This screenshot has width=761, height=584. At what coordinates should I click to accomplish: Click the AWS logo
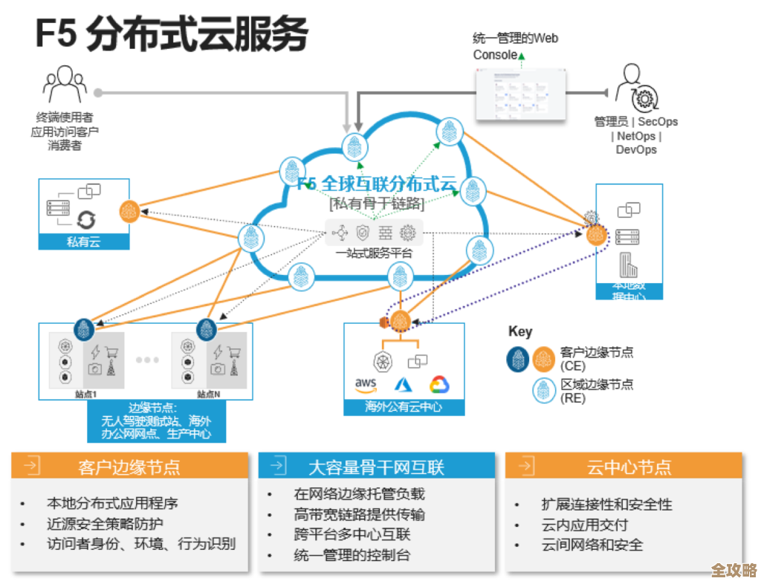366,384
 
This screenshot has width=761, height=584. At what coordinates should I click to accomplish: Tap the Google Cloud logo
439,384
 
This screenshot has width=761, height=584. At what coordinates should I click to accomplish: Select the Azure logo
403,384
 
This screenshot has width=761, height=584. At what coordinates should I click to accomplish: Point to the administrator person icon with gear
636,88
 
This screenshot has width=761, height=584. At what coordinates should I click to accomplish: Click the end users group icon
64,84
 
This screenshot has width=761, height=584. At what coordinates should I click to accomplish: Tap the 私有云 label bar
84,241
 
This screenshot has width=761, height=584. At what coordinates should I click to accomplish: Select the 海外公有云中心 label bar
404,407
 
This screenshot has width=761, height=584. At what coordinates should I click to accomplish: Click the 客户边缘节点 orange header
129,466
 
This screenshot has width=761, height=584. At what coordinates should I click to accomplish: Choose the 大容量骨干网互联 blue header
376,466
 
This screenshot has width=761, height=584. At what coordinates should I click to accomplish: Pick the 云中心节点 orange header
624,466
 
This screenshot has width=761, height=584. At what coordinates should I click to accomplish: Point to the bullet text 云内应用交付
582,525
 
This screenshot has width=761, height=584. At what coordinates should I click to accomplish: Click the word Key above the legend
520,331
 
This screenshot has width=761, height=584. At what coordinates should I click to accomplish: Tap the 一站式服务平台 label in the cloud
374,253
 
